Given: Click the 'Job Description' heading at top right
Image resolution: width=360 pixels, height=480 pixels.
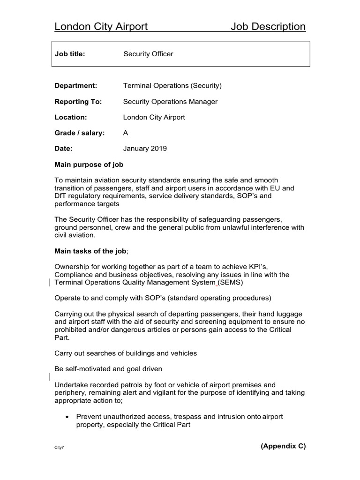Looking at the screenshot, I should pos(268,27).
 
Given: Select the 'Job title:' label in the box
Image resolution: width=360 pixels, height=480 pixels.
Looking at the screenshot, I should pos(70,54).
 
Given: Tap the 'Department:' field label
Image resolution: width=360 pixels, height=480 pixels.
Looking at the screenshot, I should pos(76,86).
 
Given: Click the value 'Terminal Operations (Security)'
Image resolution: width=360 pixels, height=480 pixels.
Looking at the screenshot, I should pos(172,86).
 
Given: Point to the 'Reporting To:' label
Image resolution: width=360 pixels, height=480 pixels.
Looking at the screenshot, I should pos(78,102).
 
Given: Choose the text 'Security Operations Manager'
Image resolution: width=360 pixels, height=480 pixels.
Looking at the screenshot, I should pos(170,102).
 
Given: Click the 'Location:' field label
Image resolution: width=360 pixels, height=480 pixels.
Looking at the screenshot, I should pos(71,117).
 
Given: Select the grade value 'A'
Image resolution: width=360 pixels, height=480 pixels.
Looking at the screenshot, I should pos(126,133).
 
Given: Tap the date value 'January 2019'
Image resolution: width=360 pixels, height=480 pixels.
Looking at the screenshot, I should pos(145,149).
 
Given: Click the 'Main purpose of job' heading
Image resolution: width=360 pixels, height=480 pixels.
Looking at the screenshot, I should pos(89,165).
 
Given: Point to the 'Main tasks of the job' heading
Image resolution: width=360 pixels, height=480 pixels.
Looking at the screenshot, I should pos(90,251).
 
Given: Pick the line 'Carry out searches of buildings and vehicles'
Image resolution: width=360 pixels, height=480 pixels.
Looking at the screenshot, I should pos(126,353).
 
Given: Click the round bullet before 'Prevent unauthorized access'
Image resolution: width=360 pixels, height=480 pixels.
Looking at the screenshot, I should pos(68,417).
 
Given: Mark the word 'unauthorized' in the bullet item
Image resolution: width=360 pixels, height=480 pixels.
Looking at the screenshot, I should pos(123,417).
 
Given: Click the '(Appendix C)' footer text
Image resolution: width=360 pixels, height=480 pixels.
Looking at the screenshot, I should pos(283,446).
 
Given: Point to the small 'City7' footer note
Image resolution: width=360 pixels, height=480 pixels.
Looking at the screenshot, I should pos(60,448).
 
